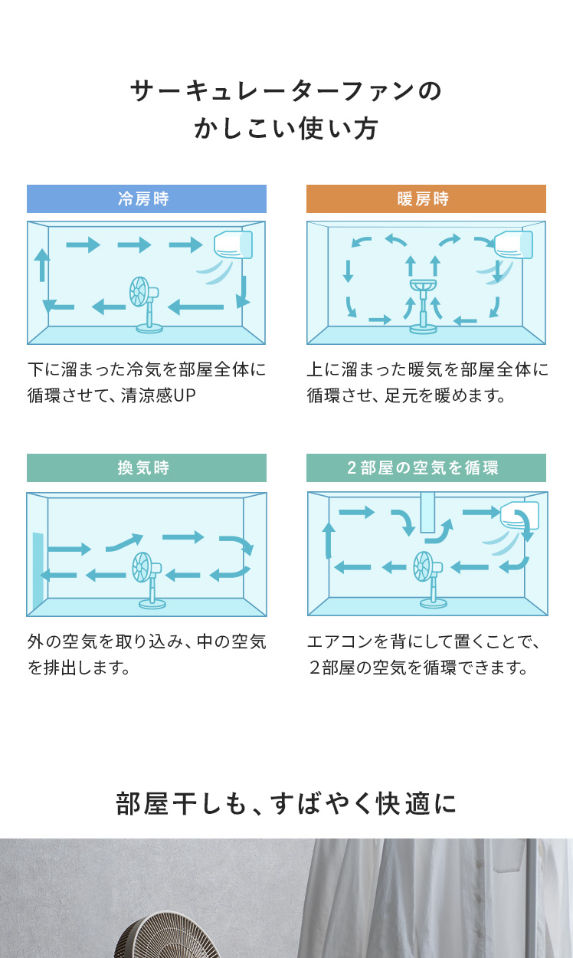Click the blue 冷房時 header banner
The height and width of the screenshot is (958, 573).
point(146,198)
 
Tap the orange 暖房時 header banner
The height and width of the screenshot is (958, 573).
point(426,198)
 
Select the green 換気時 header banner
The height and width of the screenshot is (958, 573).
point(146,468)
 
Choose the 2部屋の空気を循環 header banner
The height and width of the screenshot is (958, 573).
point(426,468)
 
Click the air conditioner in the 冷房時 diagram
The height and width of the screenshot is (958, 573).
point(233,244)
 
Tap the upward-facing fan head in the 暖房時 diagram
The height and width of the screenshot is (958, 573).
point(423,285)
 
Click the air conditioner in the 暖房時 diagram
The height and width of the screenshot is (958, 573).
point(513,244)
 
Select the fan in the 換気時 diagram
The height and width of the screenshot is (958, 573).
point(149,580)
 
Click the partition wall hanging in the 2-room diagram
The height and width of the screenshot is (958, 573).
point(427,512)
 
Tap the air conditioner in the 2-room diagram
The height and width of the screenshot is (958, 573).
point(519,515)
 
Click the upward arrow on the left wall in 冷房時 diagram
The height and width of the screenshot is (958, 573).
point(42,265)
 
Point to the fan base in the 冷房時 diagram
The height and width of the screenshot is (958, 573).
point(149,329)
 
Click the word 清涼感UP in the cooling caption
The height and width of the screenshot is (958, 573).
point(158,395)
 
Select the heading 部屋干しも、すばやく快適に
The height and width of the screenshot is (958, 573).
point(286,804)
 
